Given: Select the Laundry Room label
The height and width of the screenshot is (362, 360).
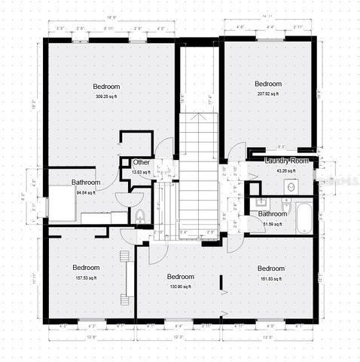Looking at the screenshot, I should (x=287, y=161).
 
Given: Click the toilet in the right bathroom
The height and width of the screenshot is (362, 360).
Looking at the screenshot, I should (x=287, y=205).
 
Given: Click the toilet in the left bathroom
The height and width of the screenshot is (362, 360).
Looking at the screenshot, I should (x=140, y=216).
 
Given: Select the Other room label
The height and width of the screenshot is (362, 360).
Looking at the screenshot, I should (x=141, y=163).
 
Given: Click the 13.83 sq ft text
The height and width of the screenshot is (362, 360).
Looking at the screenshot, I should (x=141, y=172).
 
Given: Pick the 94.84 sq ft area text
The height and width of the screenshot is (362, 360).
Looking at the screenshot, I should (x=85, y=192).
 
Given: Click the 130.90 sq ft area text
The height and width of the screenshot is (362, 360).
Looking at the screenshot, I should (x=180, y=287).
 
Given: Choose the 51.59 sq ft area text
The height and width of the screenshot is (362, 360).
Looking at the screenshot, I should (x=271, y=223).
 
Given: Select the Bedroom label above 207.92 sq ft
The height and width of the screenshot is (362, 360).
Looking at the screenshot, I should (x=267, y=84).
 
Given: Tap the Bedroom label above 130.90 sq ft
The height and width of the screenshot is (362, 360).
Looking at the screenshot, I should (x=180, y=277).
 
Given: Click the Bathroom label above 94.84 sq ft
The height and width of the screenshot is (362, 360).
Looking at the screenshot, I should (x=86, y=183).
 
